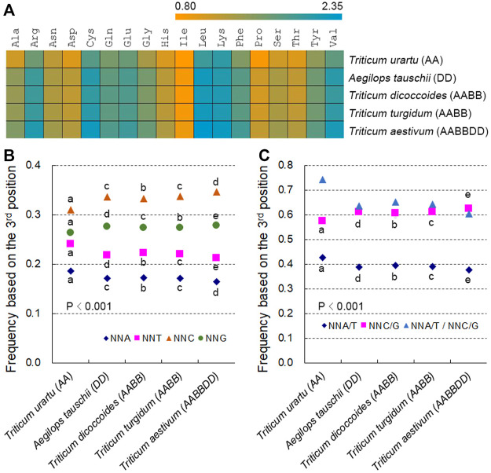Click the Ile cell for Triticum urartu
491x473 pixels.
[x=185, y=59]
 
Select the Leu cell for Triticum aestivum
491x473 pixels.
[x=203, y=130]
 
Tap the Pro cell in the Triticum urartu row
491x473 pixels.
[x=259, y=59]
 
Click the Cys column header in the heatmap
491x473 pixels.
[x=90, y=38]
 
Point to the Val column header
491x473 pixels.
[x=333, y=38]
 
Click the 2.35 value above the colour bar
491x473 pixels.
[x=332, y=6]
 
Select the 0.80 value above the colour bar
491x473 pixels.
[x=185, y=6]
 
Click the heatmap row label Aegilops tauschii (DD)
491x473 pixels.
[x=402, y=78]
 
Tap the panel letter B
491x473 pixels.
[x=9, y=156]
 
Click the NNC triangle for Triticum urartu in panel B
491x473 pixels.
[x=71, y=211]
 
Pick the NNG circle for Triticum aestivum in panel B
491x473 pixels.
[x=216, y=225]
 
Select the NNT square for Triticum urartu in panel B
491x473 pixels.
[x=71, y=244]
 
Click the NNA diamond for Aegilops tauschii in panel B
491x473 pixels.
[x=107, y=278]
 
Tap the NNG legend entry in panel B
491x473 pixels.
[x=213, y=339]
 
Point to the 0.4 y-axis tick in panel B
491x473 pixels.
[x=33, y=165]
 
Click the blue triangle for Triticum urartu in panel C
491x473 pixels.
[x=323, y=180]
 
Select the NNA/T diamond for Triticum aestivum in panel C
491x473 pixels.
[x=469, y=270]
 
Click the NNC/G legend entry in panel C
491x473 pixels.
[x=379, y=326]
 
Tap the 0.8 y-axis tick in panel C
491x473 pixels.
[x=286, y=165]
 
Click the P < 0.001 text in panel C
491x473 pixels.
[x=341, y=306]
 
